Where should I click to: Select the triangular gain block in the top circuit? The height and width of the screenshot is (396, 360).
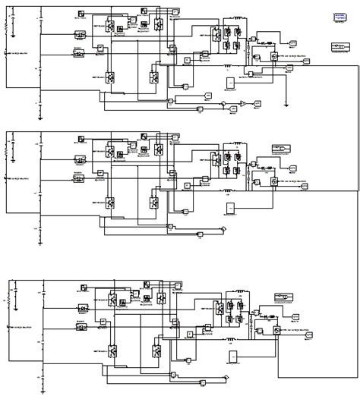click(241, 102)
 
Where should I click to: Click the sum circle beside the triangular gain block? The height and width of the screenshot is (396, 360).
click(223, 104)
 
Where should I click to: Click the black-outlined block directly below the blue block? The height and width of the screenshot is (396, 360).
click(339, 47)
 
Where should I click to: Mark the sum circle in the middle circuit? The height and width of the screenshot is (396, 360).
click(224, 228)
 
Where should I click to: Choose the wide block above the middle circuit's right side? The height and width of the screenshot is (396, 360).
click(281, 148)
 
